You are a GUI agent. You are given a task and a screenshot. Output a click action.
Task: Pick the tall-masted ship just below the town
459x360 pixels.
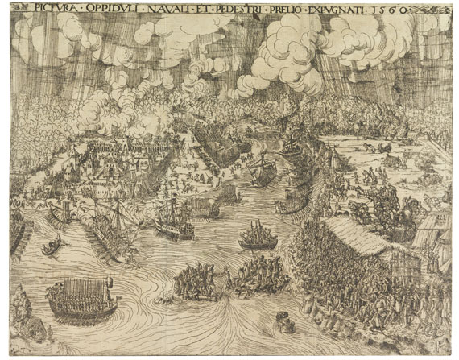click(x=113, y=217)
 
